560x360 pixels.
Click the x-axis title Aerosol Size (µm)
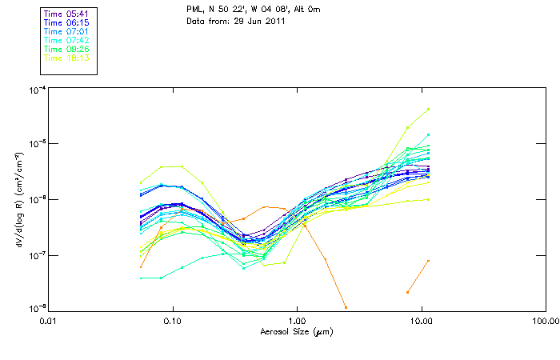point(297,331)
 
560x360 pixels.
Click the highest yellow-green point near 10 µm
point(429,109)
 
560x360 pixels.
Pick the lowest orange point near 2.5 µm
point(346,306)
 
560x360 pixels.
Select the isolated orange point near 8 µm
point(408,292)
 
